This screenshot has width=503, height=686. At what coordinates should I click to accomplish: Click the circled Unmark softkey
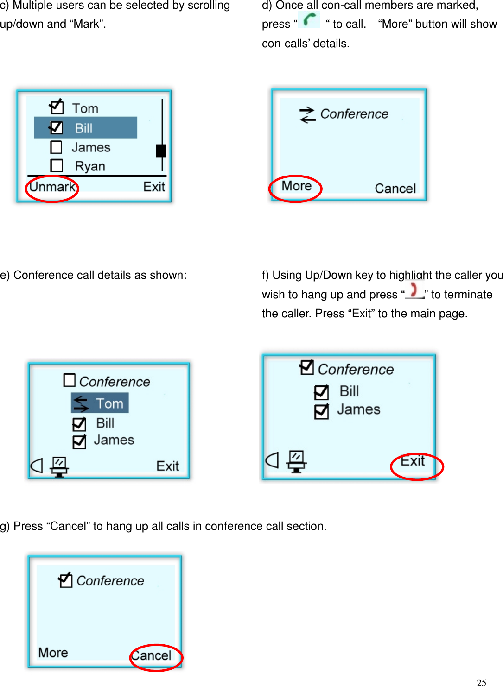[52, 187]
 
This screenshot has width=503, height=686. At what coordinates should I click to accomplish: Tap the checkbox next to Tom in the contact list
[57, 107]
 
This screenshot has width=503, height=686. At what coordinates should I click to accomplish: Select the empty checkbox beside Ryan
[57, 165]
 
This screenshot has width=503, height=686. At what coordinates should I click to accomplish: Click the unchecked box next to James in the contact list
[56, 147]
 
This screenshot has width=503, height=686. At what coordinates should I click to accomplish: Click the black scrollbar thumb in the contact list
[161, 151]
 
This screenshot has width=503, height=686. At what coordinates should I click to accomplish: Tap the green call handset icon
[309, 20]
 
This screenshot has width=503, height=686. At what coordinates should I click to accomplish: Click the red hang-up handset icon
[414, 290]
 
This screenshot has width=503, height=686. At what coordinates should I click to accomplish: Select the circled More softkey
[296, 186]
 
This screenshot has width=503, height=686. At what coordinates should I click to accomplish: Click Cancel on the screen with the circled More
[395, 189]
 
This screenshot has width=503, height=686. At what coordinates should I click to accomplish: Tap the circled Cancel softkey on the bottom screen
[152, 656]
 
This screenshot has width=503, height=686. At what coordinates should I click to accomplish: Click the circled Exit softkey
[413, 461]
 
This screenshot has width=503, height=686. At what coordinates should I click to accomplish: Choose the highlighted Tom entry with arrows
[100, 403]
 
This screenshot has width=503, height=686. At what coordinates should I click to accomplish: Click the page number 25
[481, 682]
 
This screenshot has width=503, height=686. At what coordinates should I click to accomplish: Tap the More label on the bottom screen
[53, 653]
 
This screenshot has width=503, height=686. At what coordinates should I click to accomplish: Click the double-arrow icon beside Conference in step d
[307, 114]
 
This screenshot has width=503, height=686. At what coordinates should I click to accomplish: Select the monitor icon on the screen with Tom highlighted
[59, 466]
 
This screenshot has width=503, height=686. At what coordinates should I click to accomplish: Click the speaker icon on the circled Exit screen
[272, 460]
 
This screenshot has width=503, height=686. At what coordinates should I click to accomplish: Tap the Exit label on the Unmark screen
[154, 187]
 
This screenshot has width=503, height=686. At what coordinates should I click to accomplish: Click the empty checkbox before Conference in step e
[69, 380]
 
